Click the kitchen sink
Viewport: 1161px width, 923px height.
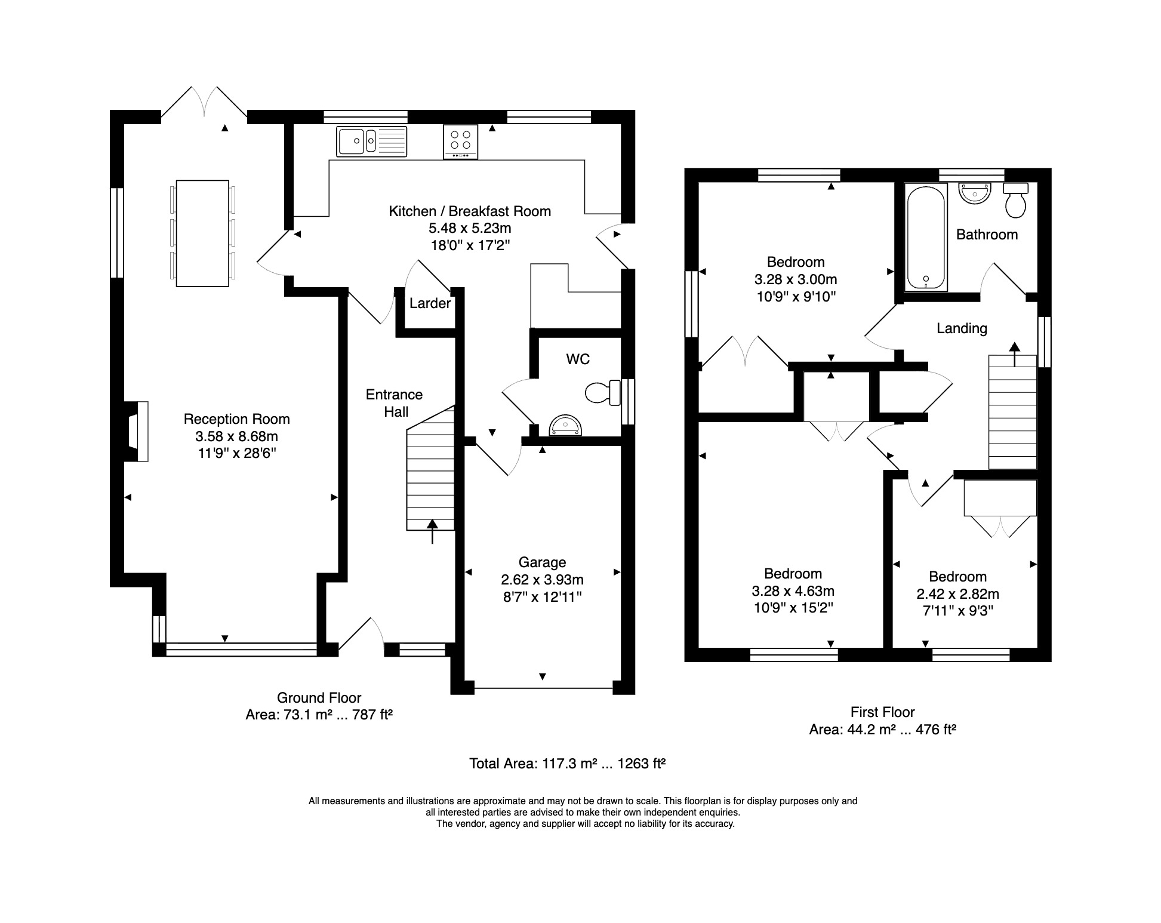pos(371,141)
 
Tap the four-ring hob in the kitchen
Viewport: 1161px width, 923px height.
pos(460,141)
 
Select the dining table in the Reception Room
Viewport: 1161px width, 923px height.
pos(202,233)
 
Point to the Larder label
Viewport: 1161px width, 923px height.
pos(430,303)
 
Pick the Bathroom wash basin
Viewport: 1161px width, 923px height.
pos(975,193)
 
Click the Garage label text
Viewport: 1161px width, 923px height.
pos(542,562)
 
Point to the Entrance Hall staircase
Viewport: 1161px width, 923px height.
pos(430,468)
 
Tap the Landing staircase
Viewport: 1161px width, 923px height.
pos(1012,412)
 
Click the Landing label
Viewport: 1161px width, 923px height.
pos(962,328)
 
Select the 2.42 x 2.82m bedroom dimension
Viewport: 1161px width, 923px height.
pos(957,594)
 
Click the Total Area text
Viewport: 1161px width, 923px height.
pos(567,763)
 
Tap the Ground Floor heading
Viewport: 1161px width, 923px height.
pos(319,697)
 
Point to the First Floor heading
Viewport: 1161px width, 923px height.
pos(882,712)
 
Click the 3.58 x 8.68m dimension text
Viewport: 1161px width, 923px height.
pos(237,436)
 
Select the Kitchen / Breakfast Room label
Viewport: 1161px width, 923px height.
pos(470,211)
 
